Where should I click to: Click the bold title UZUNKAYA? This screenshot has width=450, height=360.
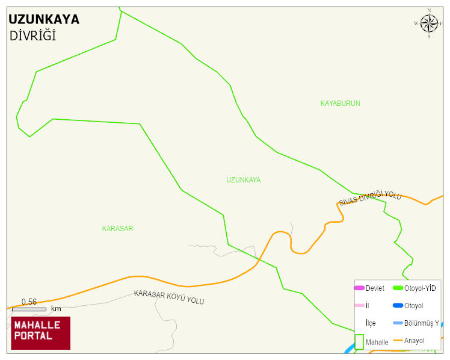(x=44, y=19)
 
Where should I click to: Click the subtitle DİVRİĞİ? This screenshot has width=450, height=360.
(x=32, y=36)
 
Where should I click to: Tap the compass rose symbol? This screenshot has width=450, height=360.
(x=429, y=23)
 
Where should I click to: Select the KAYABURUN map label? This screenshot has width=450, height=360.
(x=340, y=104)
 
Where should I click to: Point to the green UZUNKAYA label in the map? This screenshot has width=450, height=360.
(x=243, y=180)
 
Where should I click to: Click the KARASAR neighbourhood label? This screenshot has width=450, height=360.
(x=117, y=229)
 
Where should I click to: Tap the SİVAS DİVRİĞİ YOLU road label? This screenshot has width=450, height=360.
(x=369, y=197)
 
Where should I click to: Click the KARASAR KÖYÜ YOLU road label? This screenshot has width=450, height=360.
(x=169, y=297)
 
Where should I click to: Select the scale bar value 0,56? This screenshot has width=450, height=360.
(x=29, y=302)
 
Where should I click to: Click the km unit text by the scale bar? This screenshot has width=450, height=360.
(x=56, y=309)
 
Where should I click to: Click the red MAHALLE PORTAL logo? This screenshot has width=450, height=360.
(x=40, y=333)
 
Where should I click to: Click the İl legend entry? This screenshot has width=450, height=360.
(x=367, y=306)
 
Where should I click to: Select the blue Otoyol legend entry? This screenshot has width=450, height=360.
(x=413, y=306)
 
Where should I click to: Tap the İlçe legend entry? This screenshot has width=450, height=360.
(x=371, y=323)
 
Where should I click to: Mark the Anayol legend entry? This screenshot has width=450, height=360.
(x=414, y=341)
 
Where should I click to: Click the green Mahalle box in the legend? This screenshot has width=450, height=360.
(x=359, y=342)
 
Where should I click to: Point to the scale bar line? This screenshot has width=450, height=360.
(x=29, y=309)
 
